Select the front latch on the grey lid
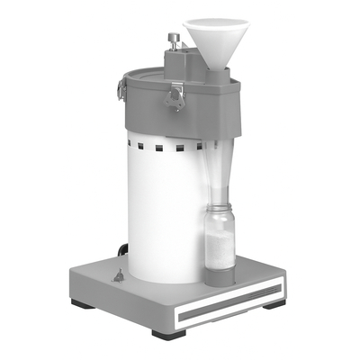pos(176,95)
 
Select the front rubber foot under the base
pos(168,334)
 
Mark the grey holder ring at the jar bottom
pos(219,275)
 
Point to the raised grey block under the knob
pos(184,63)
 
